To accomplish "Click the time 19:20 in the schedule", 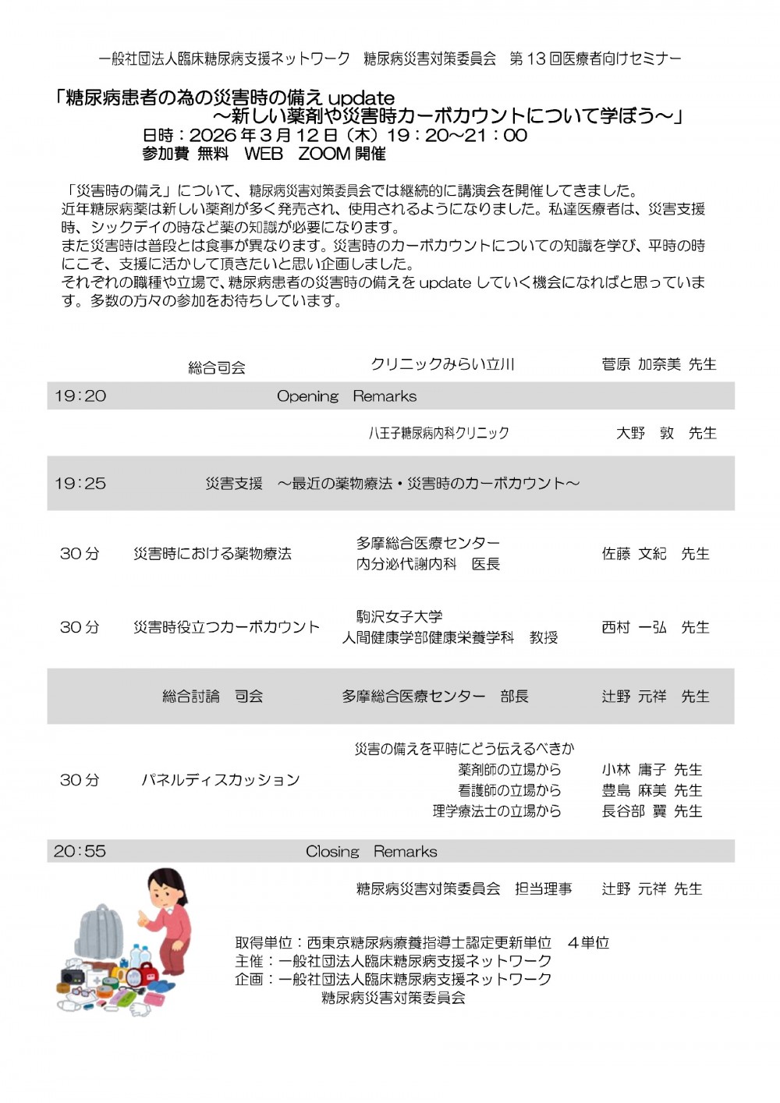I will click(80, 396).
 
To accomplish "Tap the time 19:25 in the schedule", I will click(80, 484).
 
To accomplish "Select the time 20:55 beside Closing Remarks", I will click(80, 851).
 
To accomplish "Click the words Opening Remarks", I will click(346, 396).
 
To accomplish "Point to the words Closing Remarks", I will click(371, 851).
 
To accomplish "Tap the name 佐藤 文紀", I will click(634, 554).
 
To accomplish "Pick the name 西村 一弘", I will click(634, 627).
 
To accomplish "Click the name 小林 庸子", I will click(634, 770).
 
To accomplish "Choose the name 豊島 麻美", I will click(634, 790).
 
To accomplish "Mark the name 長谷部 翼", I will click(634, 811).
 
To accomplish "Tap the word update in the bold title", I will click(361, 98).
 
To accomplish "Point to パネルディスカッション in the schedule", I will click(221, 780).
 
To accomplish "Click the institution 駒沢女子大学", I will click(399, 616).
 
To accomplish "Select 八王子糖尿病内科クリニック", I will click(438, 433).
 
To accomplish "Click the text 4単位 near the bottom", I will click(588, 943).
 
